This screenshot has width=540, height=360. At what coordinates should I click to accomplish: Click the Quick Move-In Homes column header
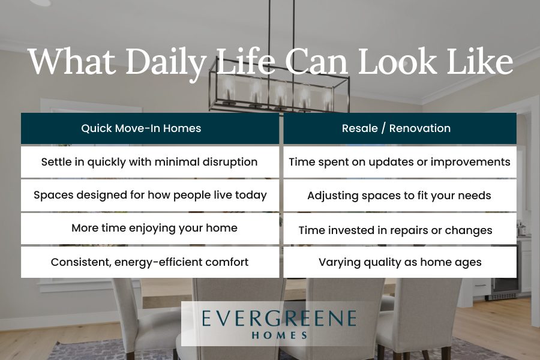[x=150, y=128]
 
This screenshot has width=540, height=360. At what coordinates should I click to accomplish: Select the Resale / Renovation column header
[x=400, y=128]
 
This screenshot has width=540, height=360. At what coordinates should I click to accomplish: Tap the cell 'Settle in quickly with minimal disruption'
[x=150, y=162]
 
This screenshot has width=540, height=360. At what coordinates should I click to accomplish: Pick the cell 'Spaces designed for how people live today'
[x=150, y=196]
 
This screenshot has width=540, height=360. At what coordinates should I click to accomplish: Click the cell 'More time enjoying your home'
[x=150, y=229]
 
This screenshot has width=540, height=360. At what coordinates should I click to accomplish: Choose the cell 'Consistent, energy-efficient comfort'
[x=150, y=262]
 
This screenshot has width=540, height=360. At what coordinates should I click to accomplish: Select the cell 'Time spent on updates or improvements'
[x=400, y=162]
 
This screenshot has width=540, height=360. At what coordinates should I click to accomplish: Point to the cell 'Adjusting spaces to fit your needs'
[x=400, y=196]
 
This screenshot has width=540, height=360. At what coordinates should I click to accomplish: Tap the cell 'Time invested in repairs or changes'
[x=400, y=229]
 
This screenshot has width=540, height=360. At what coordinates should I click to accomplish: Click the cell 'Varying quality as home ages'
[x=400, y=262]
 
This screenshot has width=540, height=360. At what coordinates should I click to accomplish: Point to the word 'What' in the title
[x=72, y=61]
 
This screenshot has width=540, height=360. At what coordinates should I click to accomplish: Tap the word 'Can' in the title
[x=316, y=61]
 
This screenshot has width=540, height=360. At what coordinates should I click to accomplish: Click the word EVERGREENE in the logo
[x=279, y=318]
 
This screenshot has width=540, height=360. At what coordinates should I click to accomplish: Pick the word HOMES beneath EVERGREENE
[x=280, y=335]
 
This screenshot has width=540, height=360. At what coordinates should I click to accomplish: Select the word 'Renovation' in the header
[x=420, y=128]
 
